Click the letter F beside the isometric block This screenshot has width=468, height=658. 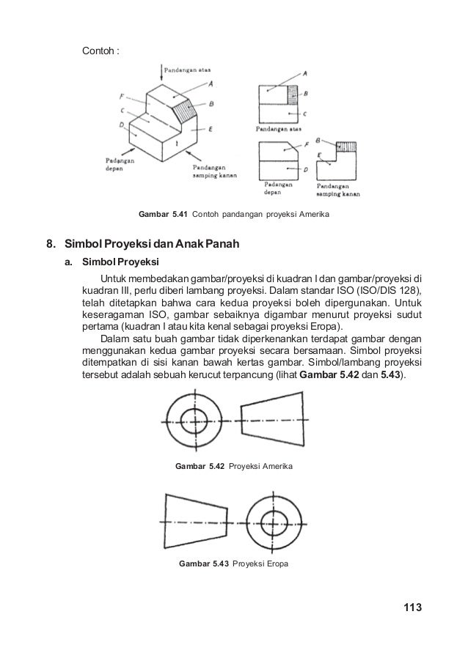click(x=121, y=96)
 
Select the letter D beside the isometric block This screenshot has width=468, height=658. click(x=120, y=125)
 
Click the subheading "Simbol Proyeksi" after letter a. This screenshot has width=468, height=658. click(x=117, y=261)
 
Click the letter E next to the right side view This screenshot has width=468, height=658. click(x=320, y=156)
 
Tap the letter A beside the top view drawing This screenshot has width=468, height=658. click(x=304, y=72)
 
